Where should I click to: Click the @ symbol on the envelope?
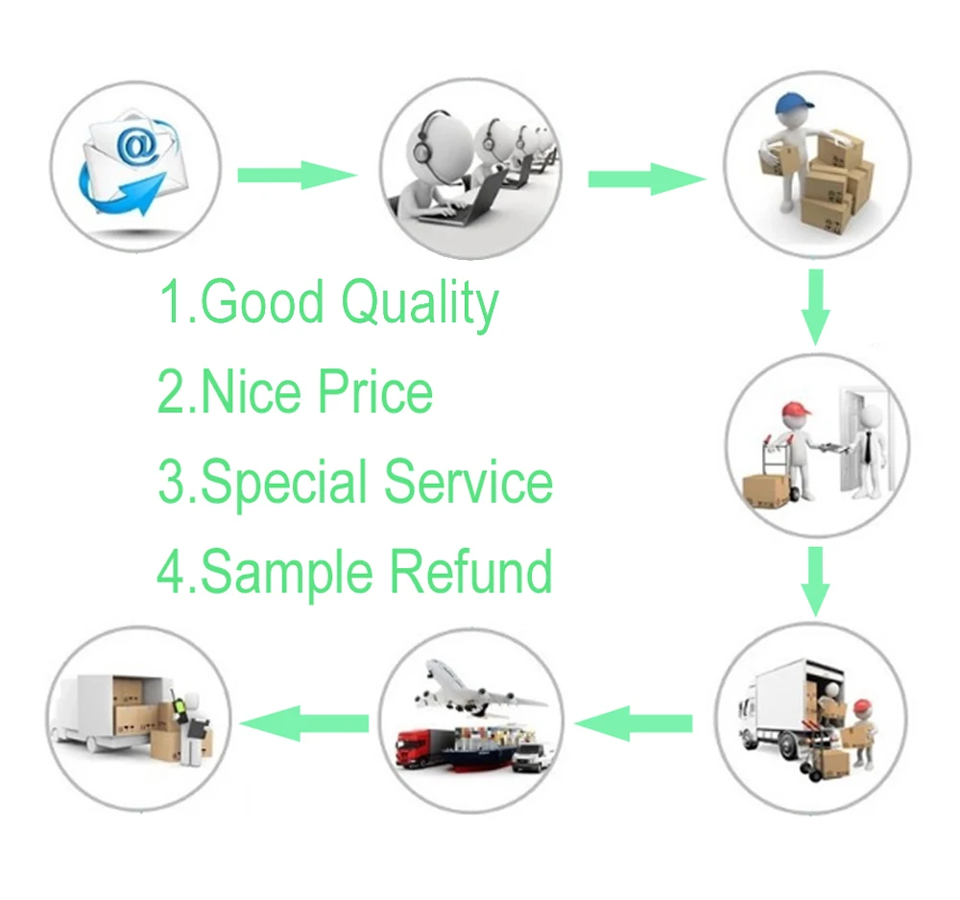[137, 146]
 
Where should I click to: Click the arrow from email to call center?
[297, 175]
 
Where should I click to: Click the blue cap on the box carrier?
[788, 101]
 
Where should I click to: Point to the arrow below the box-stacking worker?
[815, 305]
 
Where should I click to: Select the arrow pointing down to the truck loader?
[815, 579]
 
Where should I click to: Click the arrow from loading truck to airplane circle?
[636, 722]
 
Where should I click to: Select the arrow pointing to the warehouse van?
[305, 722]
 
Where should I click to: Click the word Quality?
[420, 303]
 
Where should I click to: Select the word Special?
[285, 482]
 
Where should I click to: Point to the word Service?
[468, 482]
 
